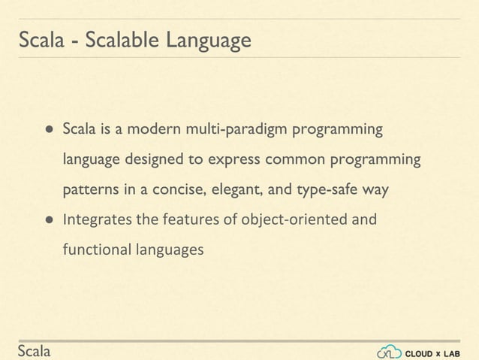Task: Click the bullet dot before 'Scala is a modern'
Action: coord(47,130)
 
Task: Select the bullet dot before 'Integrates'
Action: coord(47,220)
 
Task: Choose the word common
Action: coord(292,160)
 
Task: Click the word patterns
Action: coord(89,190)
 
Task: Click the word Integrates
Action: coord(96,220)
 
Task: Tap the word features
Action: coord(188,220)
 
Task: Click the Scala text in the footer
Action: coord(35,351)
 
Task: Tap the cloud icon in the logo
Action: coord(388,351)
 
